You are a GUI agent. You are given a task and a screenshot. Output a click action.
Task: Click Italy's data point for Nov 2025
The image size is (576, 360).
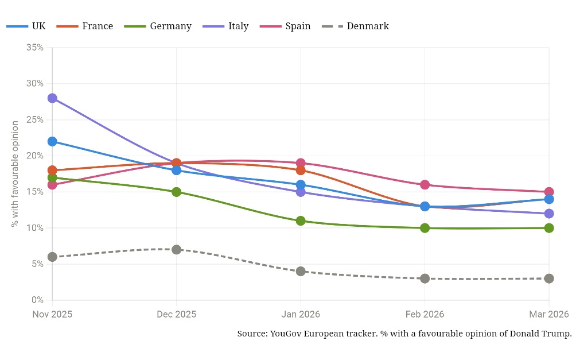(x=52, y=98)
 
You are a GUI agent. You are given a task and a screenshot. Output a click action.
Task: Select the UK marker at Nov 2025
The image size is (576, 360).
(x=52, y=142)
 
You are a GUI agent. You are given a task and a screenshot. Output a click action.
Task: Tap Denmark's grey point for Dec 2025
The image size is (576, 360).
(x=176, y=250)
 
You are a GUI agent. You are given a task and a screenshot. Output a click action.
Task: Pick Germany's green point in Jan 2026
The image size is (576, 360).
(x=301, y=221)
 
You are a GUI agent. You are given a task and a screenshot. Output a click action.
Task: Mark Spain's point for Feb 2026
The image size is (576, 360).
(x=425, y=185)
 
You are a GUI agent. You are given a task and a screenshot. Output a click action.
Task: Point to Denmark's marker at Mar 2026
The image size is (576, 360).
(x=549, y=278)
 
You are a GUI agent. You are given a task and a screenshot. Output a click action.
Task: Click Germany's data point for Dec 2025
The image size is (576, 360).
(x=176, y=192)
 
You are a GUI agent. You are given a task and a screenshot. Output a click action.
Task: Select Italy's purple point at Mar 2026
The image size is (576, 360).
(x=549, y=214)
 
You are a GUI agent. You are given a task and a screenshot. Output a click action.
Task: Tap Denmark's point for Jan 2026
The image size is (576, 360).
(x=301, y=272)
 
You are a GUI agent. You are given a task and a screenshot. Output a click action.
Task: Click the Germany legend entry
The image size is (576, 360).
(x=158, y=26)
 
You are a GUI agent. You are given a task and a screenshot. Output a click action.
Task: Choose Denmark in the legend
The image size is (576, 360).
(x=355, y=26)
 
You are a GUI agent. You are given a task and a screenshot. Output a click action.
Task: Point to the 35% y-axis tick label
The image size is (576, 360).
(x=35, y=48)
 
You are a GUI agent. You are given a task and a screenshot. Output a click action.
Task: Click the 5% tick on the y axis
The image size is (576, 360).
(x=37, y=264)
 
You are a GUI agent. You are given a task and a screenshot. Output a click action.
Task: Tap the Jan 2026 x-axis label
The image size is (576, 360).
(x=301, y=315)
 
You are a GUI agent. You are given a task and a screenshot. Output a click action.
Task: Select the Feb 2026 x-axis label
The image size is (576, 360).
(x=425, y=315)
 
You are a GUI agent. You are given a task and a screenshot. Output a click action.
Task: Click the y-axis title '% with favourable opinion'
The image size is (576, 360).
(x=15, y=174)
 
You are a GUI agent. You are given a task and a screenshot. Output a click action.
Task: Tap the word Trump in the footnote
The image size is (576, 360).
(x=558, y=334)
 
